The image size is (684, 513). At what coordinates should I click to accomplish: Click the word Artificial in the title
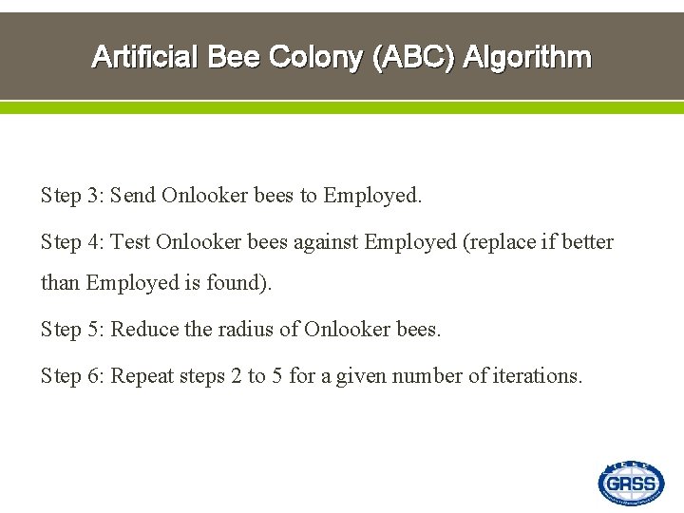click(144, 58)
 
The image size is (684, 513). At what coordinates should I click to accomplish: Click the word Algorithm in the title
click(527, 58)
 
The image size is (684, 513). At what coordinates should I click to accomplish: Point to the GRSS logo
click(631, 484)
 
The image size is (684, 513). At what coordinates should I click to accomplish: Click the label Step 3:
click(72, 196)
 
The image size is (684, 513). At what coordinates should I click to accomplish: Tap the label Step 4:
click(72, 242)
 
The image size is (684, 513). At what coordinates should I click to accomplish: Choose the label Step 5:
click(72, 330)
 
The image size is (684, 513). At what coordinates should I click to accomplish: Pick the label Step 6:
click(72, 376)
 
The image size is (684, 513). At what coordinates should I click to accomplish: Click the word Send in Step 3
click(133, 196)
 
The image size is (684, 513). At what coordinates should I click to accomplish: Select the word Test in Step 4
click(130, 242)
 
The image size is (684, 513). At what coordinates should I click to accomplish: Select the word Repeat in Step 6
click(142, 376)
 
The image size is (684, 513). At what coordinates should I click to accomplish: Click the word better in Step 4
click(588, 242)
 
